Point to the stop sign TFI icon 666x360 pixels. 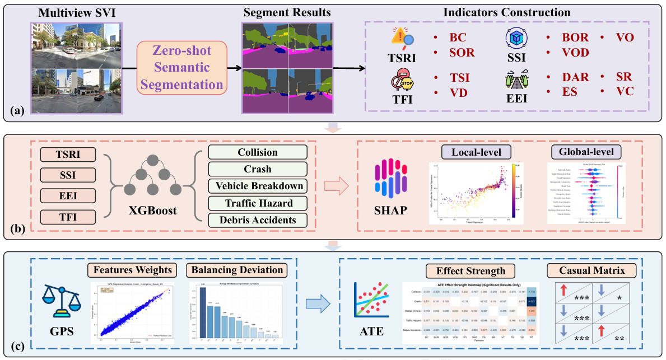404,82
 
